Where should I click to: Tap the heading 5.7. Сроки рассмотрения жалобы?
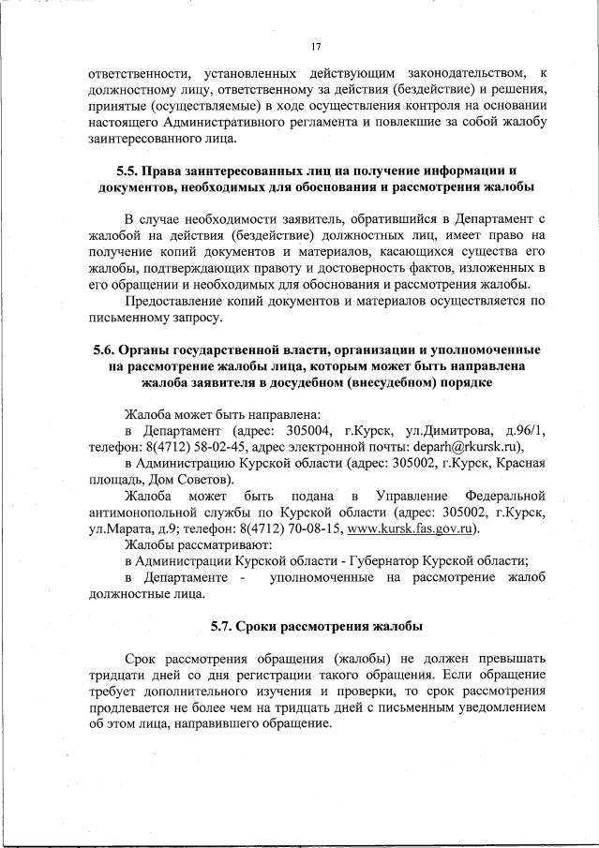[x=316, y=625]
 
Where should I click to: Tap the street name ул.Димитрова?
[x=445, y=430]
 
